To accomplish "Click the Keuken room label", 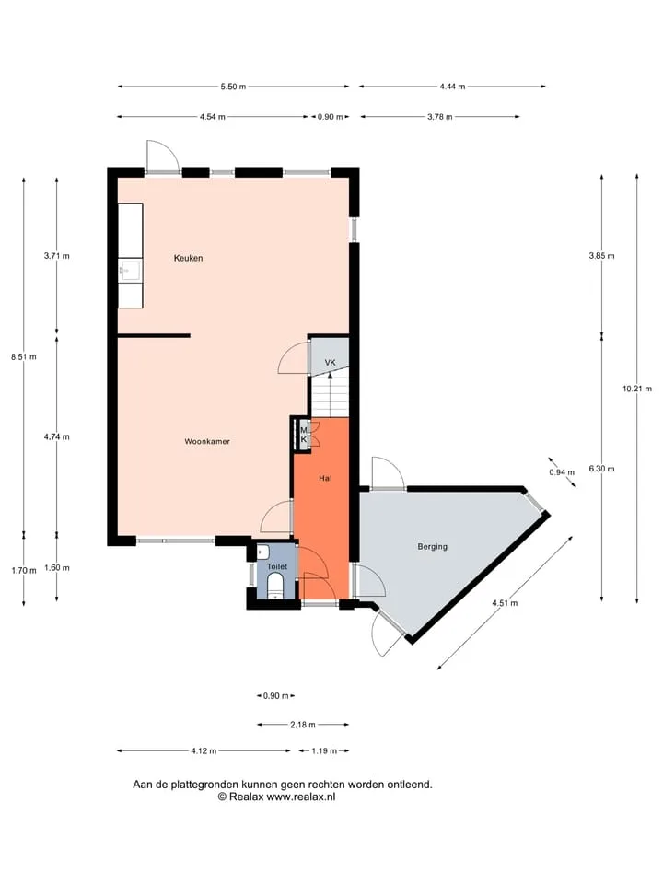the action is pyautogui.click(x=188, y=258).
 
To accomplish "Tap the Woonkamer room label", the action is pyautogui.click(x=207, y=441).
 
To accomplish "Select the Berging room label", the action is pyautogui.click(x=433, y=546).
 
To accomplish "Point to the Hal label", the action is pyautogui.click(x=325, y=478).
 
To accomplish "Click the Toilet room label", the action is pyautogui.click(x=277, y=566).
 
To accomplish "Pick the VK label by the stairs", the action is pyautogui.click(x=331, y=363).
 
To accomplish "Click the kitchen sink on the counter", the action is pyautogui.click(x=130, y=271).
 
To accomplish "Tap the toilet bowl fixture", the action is pyautogui.click(x=275, y=585).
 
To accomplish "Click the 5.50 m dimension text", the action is pyautogui.click(x=233, y=87).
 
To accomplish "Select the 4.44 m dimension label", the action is pyautogui.click(x=453, y=87).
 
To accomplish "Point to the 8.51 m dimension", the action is pyautogui.click(x=24, y=357).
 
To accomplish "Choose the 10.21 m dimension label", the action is pyautogui.click(x=637, y=389).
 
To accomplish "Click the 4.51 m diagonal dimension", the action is pyautogui.click(x=505, y=602).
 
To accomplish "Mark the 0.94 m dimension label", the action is pyautogui.click(x=562, y=472).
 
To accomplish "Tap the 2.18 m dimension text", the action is pyautogui.click(x=303, y=725).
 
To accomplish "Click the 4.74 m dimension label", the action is pyautogui.click(x=57, y=436).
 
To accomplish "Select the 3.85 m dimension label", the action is pyautogui.click(x=601, y=256).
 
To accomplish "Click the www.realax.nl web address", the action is pyautogui.click(x=300, y=797).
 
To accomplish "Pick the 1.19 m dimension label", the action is pyautogui.click(x=324, y=751).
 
